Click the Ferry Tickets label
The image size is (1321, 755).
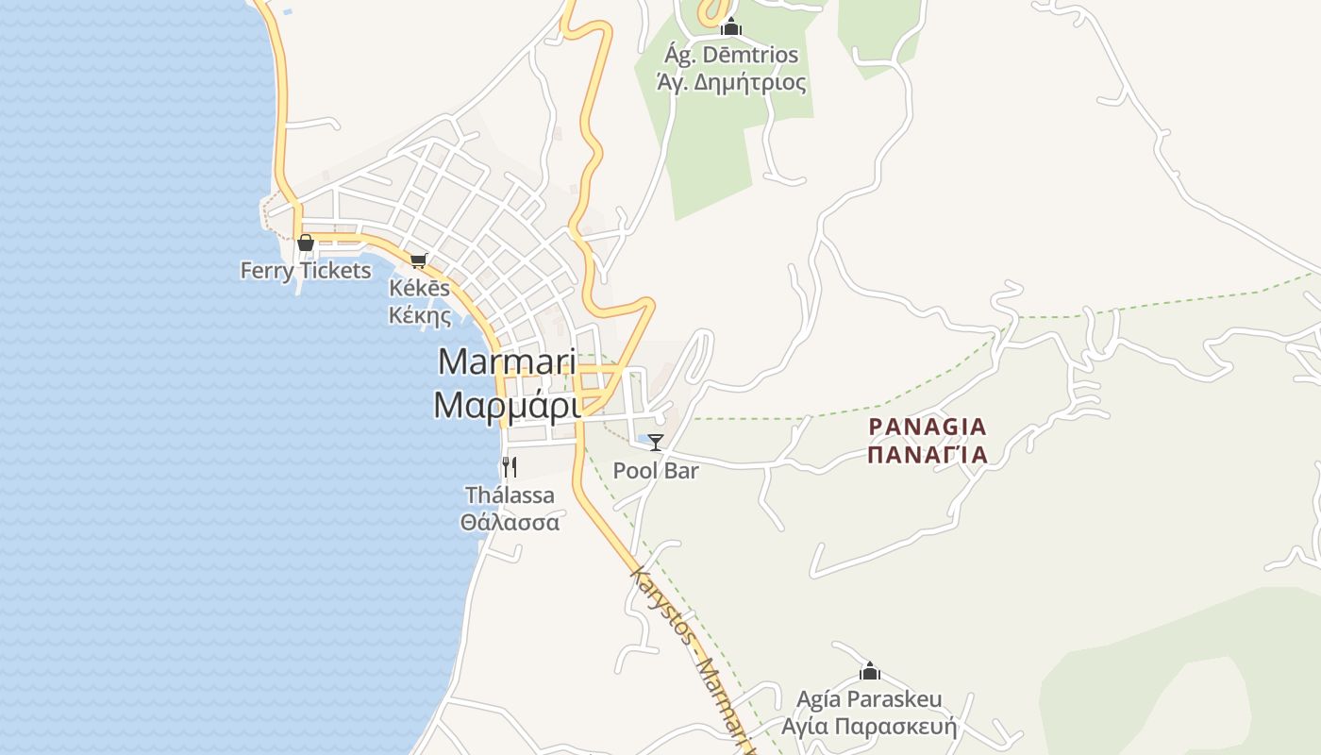click(x=305, y=271)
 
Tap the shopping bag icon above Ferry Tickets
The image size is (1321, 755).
click(x=305, y=243)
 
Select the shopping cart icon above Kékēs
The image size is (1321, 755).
click(x=418, y=260)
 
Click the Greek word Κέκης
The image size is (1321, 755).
click(x=420, y=315)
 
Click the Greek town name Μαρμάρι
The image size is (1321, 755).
click(x=506, y=404)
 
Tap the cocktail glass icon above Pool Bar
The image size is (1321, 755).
click(x=656, y=442)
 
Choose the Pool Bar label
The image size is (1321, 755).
click(x=656, y=470)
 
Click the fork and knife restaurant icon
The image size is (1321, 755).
click(x=510, y=466)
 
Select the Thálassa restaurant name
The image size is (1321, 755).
click(x=510, y=495)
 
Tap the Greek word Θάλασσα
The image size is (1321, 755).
click(x=510, y=522)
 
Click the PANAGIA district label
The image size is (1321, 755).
click(x=927, y=427)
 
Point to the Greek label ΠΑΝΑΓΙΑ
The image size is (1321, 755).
click(x=927, y=455)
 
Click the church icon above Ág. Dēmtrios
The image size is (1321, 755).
click(x=730, y=27)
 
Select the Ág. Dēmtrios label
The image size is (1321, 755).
click(x=731, y=56)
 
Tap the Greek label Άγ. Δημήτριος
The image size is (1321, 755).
click(x=731, y=83)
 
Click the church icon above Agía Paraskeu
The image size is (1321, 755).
click(x=869, y=671)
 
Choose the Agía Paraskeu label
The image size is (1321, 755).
click(x=869, y=699)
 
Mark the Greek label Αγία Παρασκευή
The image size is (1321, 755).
click(x=869, y=727)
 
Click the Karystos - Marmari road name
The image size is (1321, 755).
click(x=694, y=660)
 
